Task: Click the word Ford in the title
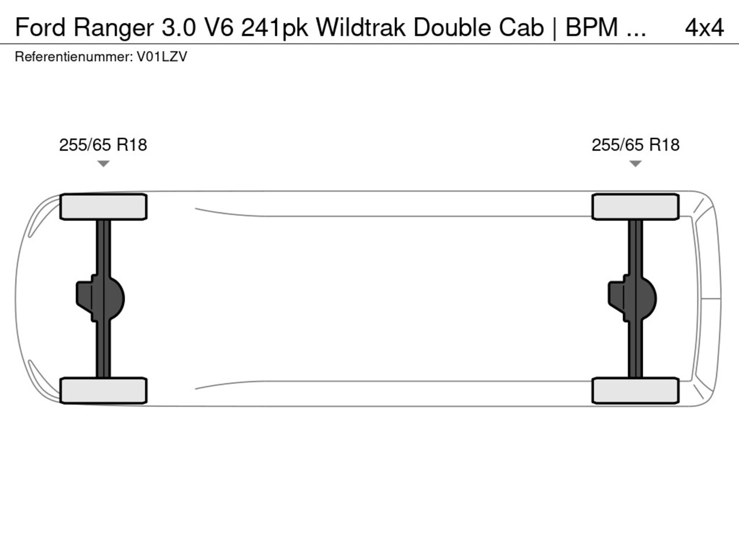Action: click(40, 28)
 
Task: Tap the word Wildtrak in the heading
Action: click(361, 27)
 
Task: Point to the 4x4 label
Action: click(704, 28)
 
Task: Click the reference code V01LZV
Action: click(162, 57)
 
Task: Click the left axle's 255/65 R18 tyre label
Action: click(103, 145)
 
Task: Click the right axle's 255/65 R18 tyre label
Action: click(636, 145)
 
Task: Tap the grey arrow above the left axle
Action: click(103, 163)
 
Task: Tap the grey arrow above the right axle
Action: click(635, 163)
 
